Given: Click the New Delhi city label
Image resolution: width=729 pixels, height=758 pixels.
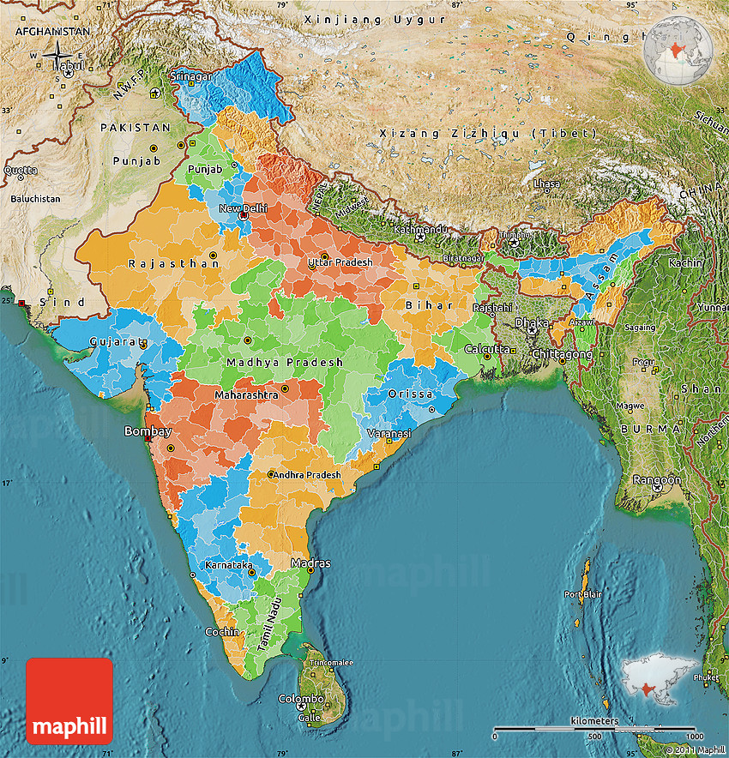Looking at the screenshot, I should (244, 208).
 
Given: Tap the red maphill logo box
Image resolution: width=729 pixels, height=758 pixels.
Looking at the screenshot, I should (69, 701).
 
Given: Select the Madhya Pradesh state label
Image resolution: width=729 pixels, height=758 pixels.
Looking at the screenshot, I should (285, 363).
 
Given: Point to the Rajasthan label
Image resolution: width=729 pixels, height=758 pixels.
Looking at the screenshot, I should (174, 264).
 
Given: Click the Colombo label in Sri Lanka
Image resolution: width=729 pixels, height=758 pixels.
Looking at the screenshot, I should (301, 699).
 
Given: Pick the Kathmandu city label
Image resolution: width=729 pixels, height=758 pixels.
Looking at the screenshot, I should (420, 230).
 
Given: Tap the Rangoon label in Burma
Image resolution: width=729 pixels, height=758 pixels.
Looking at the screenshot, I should (657, 480).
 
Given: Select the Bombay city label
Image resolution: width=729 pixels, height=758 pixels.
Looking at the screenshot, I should (148, 431).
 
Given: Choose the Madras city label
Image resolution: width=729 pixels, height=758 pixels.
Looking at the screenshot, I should (310, 563).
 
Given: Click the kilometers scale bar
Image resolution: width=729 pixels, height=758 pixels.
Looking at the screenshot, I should (595, 730).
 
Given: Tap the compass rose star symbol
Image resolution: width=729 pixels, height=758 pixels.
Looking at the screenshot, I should (57, 56).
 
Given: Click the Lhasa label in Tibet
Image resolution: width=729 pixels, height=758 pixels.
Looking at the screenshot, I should (546, 183).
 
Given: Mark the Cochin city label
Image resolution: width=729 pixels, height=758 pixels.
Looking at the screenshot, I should (221, 632).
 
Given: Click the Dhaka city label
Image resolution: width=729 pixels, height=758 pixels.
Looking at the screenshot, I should (531, 322).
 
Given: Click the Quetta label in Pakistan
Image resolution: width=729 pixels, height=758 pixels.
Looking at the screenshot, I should (21, 170).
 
